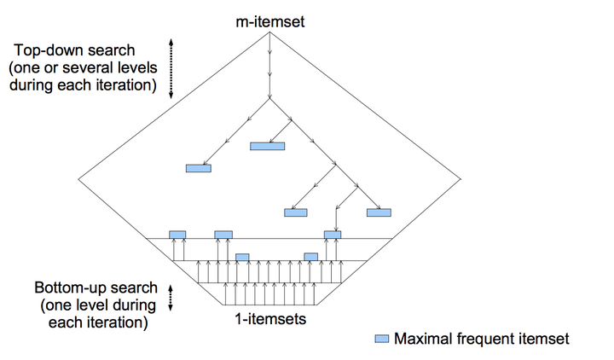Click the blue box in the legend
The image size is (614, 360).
coord(382,339)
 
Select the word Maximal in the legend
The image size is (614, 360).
coord(422,339)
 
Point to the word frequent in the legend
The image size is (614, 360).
coord(487,339)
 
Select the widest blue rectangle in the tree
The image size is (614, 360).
coord(267,146)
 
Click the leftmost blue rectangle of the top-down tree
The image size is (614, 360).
coord(198,168)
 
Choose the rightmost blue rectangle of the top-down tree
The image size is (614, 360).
coord(378,212)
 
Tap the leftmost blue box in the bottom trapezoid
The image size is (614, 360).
coord(177,234)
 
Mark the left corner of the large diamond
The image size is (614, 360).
coord(79,177)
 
